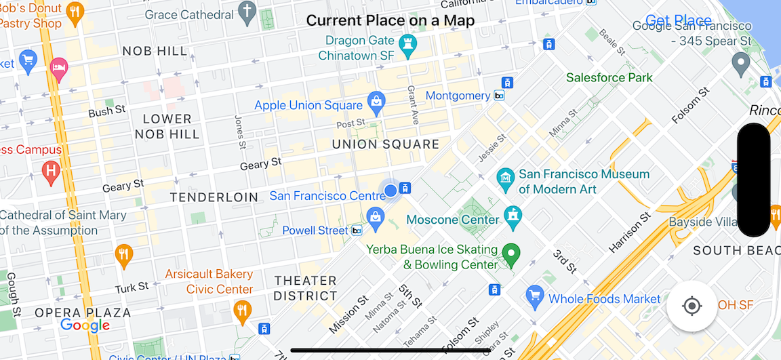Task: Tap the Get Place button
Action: (x=678, y=20)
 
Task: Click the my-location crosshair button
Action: (x=692, y=306)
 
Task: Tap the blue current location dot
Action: (x=390, y=191)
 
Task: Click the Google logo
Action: (x=85, y=325)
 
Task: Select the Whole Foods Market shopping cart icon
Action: (x=536, y=296)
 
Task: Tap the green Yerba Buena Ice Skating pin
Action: (x=510, y=254)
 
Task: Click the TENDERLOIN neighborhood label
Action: (x=214, y=197)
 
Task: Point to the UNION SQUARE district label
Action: (x=385, y=144)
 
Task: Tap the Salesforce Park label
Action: (x=609, y=77)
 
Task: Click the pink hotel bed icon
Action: (x=59, y=68)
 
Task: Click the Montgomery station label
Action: (x=458, y=96)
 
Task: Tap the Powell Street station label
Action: (x=315, y=231)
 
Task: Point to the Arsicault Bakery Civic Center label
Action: (x=209, y=282)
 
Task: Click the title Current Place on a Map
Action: (x=390, y=20)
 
